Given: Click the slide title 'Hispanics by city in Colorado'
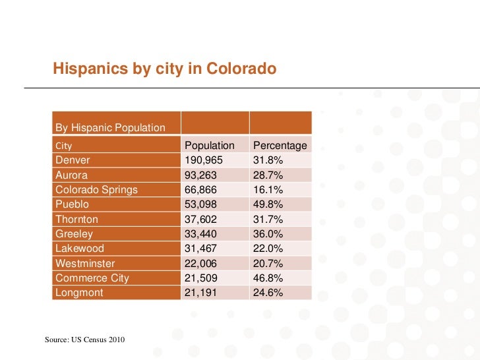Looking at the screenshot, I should tap(164, 69).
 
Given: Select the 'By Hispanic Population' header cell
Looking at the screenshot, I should tap(110, 127).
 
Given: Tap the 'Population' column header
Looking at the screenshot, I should tap(209, 145).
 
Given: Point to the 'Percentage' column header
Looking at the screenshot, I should tap(280, 145).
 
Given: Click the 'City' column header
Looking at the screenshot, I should tap(64, 145).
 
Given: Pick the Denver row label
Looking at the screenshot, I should tap(73, 160).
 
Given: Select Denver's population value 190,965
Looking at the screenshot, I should tap(204, 160).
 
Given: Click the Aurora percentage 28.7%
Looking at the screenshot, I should tap(268, 175).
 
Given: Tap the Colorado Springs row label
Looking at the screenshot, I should tap(96, 190).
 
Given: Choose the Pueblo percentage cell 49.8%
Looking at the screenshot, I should tap(268, 204).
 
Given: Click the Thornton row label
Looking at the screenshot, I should tap(76, 220).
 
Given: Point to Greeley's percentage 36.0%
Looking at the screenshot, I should tap(268, 234).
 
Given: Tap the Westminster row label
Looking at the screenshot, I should tap(85, 264).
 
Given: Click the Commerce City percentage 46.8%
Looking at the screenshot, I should tap(268, 278).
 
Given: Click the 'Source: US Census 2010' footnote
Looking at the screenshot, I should tap(85, 340).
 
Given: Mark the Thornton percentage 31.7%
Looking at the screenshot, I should tap(268, 220).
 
